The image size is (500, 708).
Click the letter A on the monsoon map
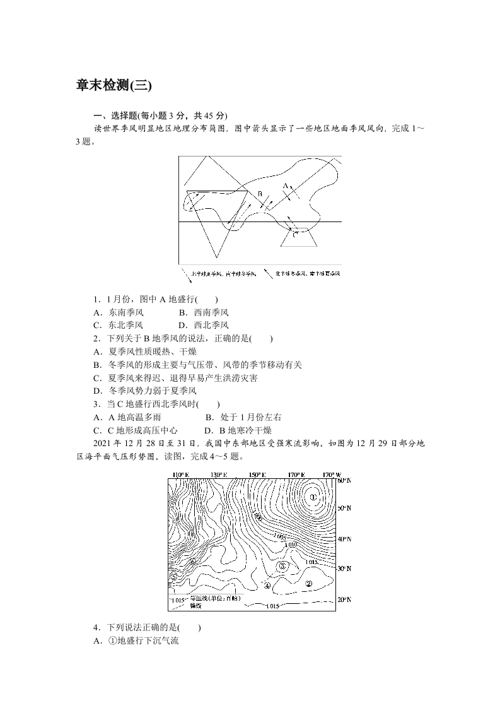point(285,186)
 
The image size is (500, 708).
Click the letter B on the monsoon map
point(259,194)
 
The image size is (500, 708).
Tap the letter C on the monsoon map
point(295,233)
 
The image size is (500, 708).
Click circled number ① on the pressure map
point(313,497)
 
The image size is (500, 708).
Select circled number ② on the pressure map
point(308,584)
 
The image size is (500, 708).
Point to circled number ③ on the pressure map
point(282,567)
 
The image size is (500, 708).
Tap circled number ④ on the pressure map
point(267,585)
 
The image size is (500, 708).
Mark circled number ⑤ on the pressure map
point(173,576)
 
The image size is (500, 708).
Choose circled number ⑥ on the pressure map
point(193,562)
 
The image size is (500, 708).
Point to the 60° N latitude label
point(344,480)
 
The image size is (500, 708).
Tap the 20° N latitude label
point(344,599)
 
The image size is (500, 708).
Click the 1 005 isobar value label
point(282,536)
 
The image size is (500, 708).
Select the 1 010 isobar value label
point(291,545)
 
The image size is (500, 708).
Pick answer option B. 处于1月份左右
point(243,417)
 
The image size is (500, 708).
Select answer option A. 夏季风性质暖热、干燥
point(144,351)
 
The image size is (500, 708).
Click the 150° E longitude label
point(257,475)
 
